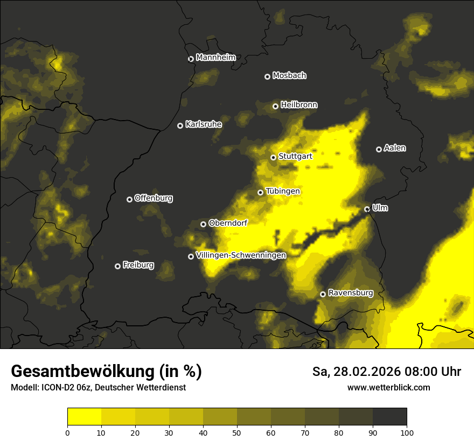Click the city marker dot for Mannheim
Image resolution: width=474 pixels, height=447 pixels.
tap(191, 59)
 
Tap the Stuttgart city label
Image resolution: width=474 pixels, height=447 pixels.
tap(296, 157)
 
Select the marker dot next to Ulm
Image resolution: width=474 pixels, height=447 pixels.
tap(367, 209)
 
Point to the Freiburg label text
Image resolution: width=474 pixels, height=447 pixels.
tap(138, 265)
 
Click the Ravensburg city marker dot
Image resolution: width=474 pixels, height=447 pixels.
tap(323, 294)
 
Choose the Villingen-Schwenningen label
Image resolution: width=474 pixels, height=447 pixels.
tap(241, 255)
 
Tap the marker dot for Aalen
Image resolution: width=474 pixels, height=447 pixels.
tap(379, 149)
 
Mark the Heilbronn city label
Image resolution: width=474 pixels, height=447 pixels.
tap(299, 105)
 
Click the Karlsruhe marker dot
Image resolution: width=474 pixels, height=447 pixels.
tap(180, 125)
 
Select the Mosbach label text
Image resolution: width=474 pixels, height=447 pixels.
tap(289, 76)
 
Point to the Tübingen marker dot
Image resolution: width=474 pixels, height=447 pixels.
tap(260, 192)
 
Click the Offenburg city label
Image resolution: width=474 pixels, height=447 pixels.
tap(154, 198)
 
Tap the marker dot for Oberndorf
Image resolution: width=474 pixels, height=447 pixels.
tap(203, 224)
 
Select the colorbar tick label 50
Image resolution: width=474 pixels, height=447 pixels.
tap(237, 432)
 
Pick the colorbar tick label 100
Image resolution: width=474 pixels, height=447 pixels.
tap(407, 432)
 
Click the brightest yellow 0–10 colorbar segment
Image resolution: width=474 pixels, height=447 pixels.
tap(84, 417)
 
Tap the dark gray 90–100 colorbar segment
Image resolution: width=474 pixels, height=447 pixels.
tap(389, 417)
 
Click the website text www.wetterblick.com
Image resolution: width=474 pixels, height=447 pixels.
tap(389, 387)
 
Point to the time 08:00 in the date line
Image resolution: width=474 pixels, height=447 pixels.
tap(413, 372)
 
